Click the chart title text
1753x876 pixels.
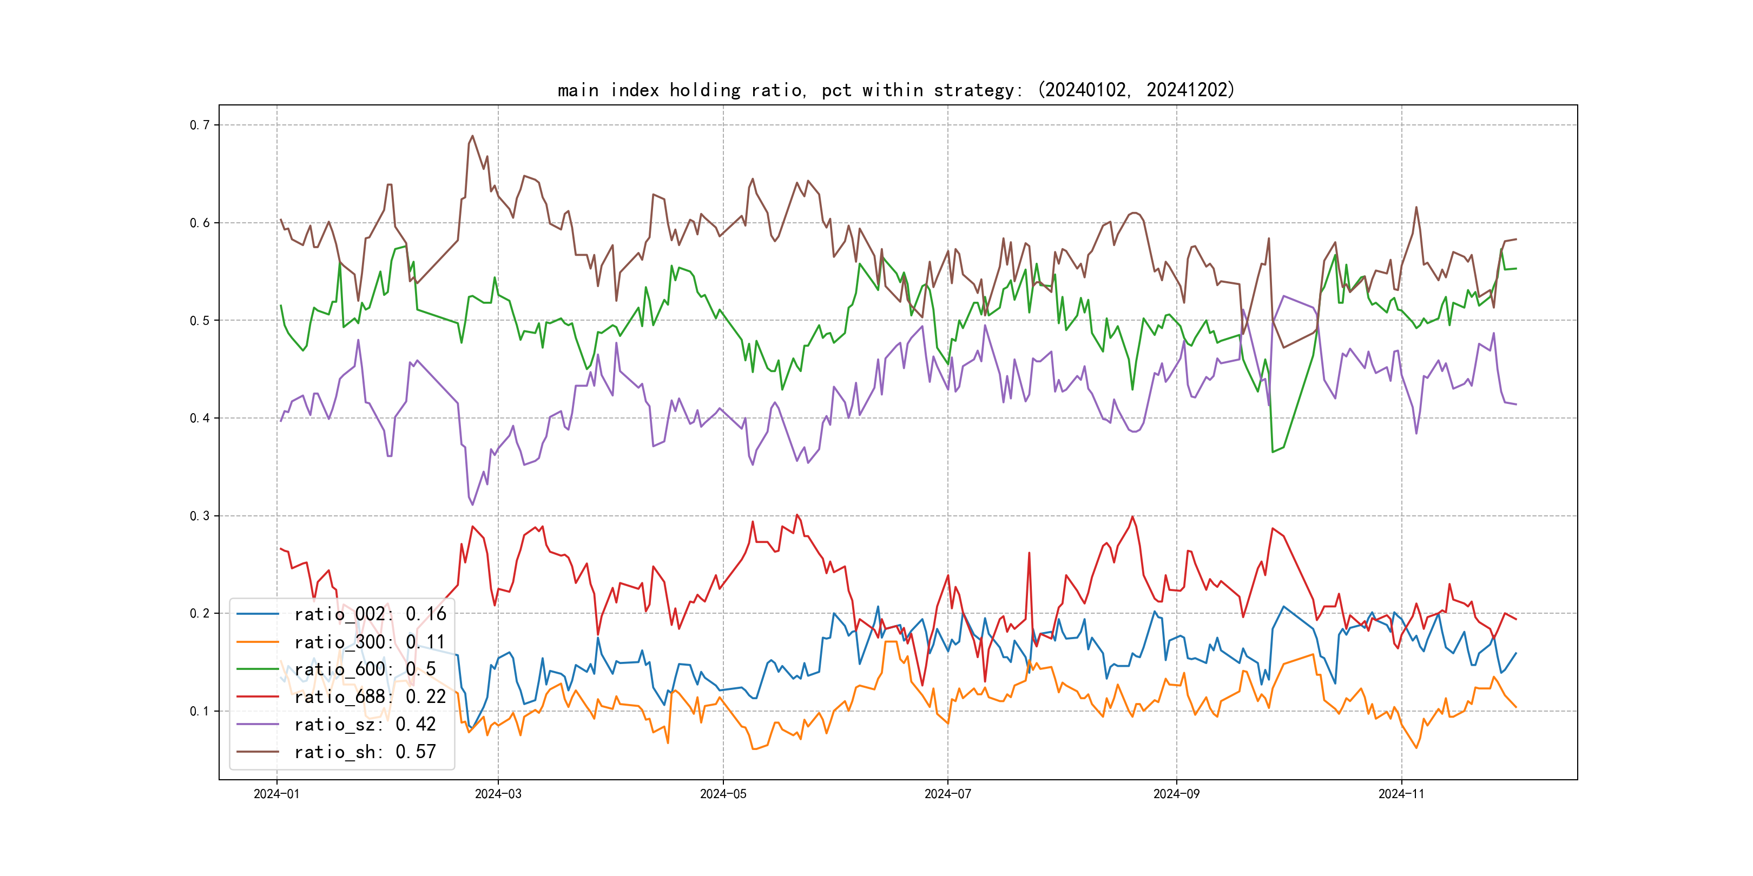pos(895,90)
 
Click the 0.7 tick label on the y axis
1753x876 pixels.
pos(200,125)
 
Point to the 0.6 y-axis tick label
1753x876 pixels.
pos(200,223)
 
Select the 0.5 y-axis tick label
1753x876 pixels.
pos(200,320)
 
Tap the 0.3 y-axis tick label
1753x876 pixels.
pos(200,516)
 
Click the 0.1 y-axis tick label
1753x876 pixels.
pos(200,712)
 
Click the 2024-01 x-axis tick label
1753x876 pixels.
pos(276,794)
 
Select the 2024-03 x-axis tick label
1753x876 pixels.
pos(498,794)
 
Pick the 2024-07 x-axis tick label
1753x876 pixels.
pos(947,794)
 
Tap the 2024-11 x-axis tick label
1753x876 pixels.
pos(1401,794)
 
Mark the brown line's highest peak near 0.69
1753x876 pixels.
pos(473,136)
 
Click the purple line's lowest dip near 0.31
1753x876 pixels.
pos(473,504)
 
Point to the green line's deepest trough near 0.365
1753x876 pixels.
pos(1273,452)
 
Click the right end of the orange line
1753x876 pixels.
pos(1516,707)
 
